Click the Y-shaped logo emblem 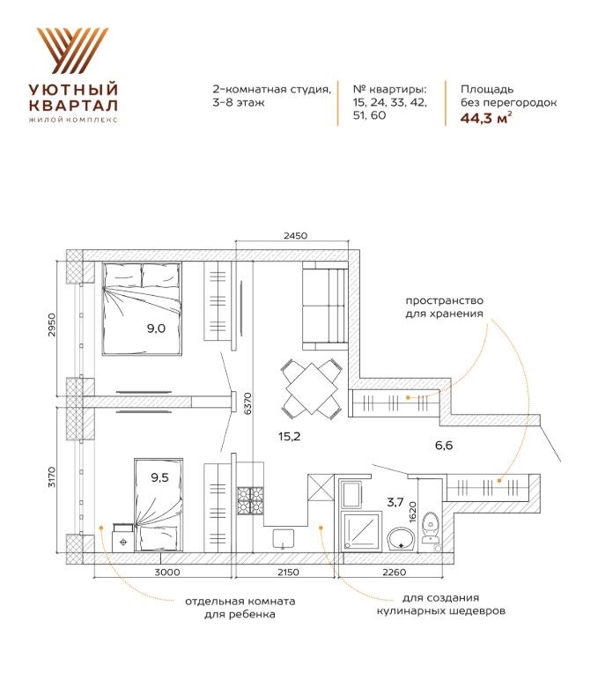tap(73, 50)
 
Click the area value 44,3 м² tap(486, 118)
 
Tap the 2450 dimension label tap(295, 236)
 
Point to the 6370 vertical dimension tap(248, 403)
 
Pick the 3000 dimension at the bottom tap(168, 572)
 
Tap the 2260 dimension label tap(395, 572)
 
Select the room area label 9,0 tap(156, 329)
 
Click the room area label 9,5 tap(159, 477)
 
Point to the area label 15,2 tap(289, 436)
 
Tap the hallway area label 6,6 tap(443, 446)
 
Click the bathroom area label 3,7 tap(395, 502)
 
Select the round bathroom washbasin tap(401, 538)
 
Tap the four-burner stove tap(250, 501)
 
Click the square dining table tap(311, 388)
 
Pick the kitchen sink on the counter tap(284, 538)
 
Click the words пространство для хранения tap(444, 307)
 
